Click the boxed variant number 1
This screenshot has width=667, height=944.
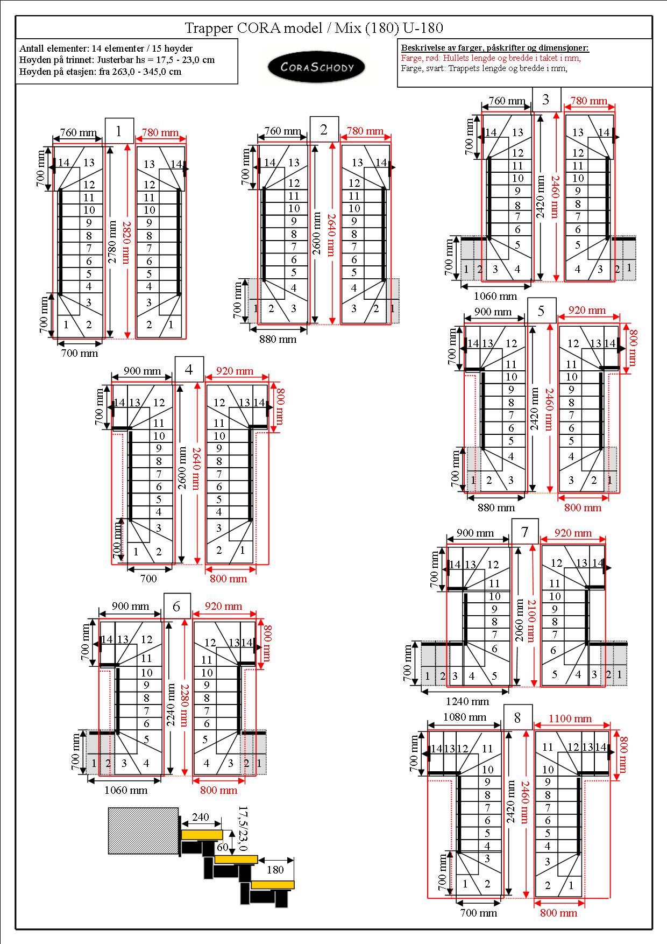coord(119,131)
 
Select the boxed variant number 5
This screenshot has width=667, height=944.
coord(541,311)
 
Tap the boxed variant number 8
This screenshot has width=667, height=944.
coord(517,717)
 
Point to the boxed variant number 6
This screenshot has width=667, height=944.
coord(177,607)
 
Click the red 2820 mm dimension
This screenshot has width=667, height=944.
coord(125,242)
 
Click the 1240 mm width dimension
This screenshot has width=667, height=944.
coord(467,701)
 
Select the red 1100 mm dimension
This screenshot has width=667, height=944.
coord(570,718)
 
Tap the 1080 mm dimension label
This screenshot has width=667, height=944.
coord(465,717)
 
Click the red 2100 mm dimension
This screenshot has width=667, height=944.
coord(532,621)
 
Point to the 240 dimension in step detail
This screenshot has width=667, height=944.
coord(200,817)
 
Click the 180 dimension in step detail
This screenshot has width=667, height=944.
coord(275,869)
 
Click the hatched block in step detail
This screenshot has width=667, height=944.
coord(143,830)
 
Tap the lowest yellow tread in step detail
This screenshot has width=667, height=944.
coord(273,884)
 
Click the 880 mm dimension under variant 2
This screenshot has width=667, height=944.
coord(278,339)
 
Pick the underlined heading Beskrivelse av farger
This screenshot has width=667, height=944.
coord(495,48)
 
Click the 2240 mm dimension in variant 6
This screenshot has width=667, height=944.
coord(171,705)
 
